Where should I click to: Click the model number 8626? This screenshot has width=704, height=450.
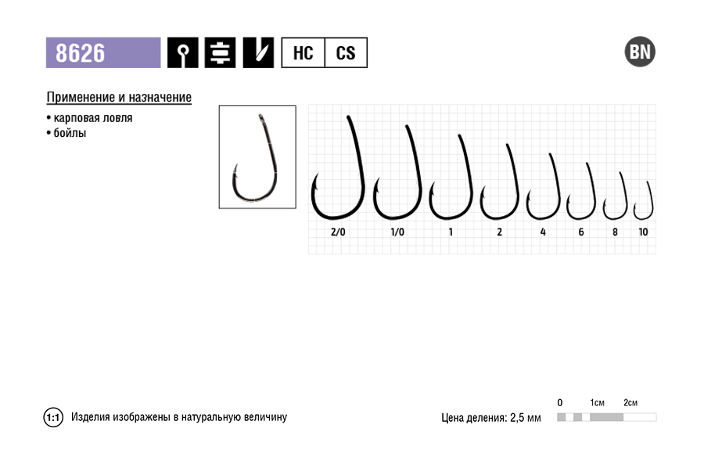[x=81, y=53]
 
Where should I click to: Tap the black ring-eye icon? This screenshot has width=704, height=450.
[x=183, y=52]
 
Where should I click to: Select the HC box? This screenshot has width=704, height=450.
[x=303, y=53]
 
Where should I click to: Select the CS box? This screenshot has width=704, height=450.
[x=346, y=53]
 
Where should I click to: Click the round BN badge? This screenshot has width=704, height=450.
[x=640, y=52]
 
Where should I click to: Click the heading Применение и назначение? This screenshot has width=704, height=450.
[x=119, y=98]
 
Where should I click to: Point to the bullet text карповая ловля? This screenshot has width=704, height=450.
[x=93, y=118]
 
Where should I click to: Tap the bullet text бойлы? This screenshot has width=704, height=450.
[x=70, y=133]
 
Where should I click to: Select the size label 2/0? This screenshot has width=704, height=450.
[x=338, y=232]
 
